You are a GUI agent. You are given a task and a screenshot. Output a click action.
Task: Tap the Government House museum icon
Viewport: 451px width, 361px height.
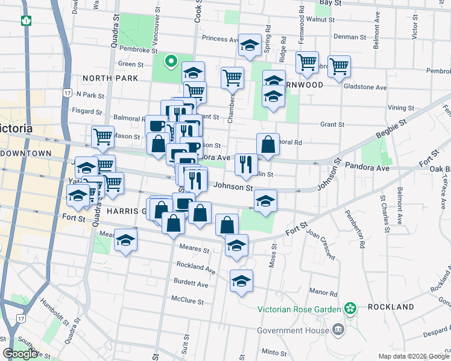pyautogui.click(x=338, y=330)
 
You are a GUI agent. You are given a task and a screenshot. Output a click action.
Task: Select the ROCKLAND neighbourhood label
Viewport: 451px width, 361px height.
pyautogui.click(x=390, y=307)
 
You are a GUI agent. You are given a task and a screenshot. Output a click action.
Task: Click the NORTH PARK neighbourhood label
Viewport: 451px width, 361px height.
pyautogui.click(x=111, y=78)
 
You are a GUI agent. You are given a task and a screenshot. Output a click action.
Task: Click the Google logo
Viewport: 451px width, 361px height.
pyautogui.click(x=20, y=354)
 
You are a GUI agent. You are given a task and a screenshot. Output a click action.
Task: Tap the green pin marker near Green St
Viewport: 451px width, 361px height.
pyautogui.click(x=171, y=60)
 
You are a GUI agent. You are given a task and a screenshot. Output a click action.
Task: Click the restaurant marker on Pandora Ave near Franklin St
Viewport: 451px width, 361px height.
pyautogui.click(x=245, y=164)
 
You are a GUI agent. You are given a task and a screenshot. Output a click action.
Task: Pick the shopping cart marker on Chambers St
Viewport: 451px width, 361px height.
pyautogui.click(x=232, y=77)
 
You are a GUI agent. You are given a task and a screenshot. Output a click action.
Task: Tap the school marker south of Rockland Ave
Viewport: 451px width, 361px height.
pyautogui.click(x=241, y=280)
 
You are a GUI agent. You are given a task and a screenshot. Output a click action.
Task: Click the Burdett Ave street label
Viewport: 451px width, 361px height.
pyautogui.click(x=193, y=284)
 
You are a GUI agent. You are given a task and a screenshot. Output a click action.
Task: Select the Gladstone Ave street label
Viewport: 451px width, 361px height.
pyautogui.click(x=365, y=87)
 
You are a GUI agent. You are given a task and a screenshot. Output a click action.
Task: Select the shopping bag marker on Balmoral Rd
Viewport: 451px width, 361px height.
pyautogui.click(x=268, y=144)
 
